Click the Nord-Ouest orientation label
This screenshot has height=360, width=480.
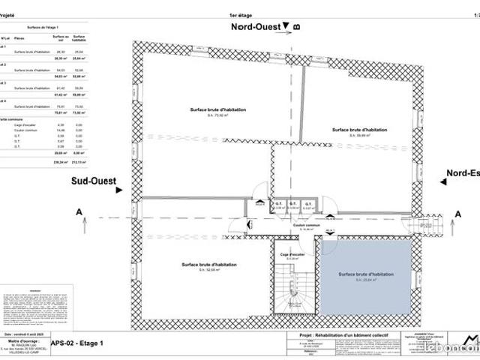pyautogui.click(x=257, y=26)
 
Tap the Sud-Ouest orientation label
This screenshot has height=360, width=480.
pyautogui.click(x=94, y=181)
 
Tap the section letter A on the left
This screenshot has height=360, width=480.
pyautogui.click(x=79, y=213)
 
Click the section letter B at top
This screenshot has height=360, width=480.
pyautogui.click(x=297, y=27)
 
